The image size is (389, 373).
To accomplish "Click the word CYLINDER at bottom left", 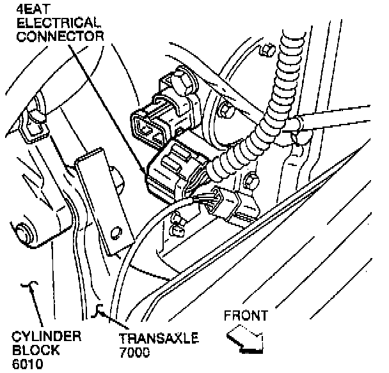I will pos(39,337).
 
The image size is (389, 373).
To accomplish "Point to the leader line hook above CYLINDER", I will pos(28,292).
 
